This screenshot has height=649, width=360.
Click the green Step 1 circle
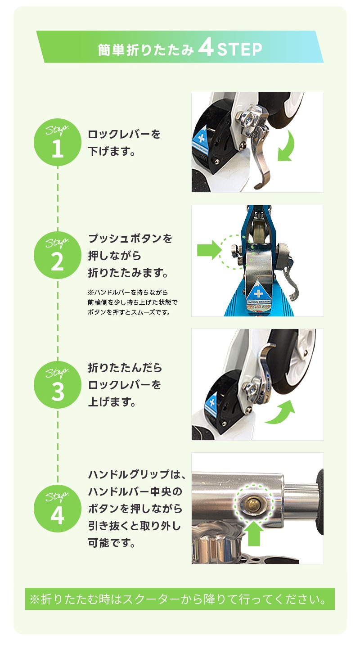[58, 142]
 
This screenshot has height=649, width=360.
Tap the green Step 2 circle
[58, 255]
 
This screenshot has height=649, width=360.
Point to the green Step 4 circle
[58, 509]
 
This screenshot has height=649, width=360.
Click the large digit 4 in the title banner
[206, 48]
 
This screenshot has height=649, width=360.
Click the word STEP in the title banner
[239, 50]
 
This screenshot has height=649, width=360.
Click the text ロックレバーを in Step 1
[124, 134]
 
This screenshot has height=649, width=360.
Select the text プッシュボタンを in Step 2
[130, 239]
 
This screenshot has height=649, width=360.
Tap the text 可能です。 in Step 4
[112, 543]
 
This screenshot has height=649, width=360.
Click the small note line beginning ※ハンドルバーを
[127, 293]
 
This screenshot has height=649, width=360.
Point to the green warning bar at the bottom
[180, 599]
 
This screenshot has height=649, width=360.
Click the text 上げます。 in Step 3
[112, 402]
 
